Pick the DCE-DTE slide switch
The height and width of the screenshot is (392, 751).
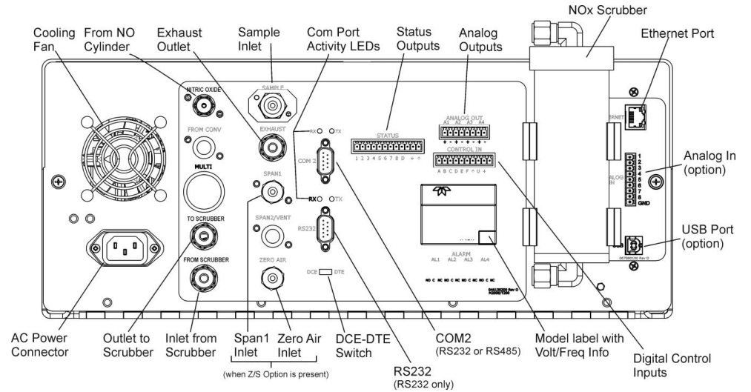coord(325,273)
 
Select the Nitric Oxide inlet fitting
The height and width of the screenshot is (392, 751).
coord(200,107)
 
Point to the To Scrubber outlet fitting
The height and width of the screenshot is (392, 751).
coord(199,236)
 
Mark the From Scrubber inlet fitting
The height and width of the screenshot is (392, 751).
coord(199,278)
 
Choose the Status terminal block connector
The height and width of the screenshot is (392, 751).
coord(380,146)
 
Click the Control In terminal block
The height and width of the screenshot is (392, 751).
coord(464,160)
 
